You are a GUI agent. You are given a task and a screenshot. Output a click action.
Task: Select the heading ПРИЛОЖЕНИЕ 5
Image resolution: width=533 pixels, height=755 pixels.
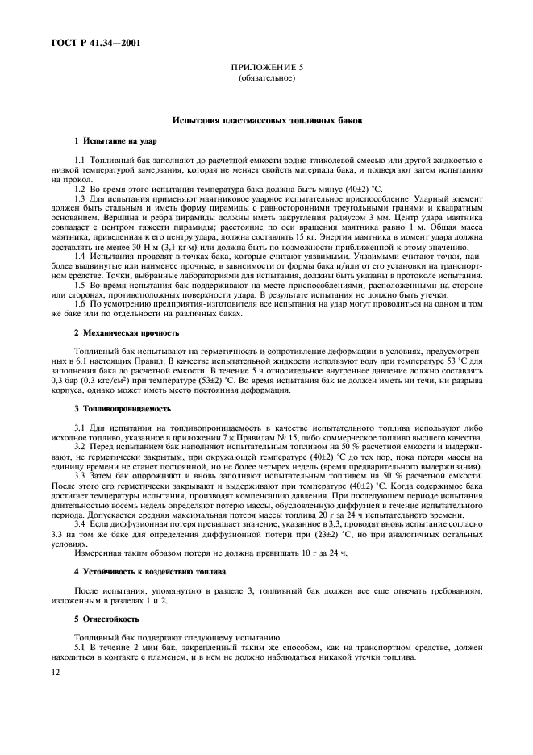(267, 69)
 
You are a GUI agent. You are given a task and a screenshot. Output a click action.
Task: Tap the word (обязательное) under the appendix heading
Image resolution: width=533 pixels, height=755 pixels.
(267, 79)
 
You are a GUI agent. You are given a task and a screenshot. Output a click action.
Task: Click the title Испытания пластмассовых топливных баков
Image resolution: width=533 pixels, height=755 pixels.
(266, 120)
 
